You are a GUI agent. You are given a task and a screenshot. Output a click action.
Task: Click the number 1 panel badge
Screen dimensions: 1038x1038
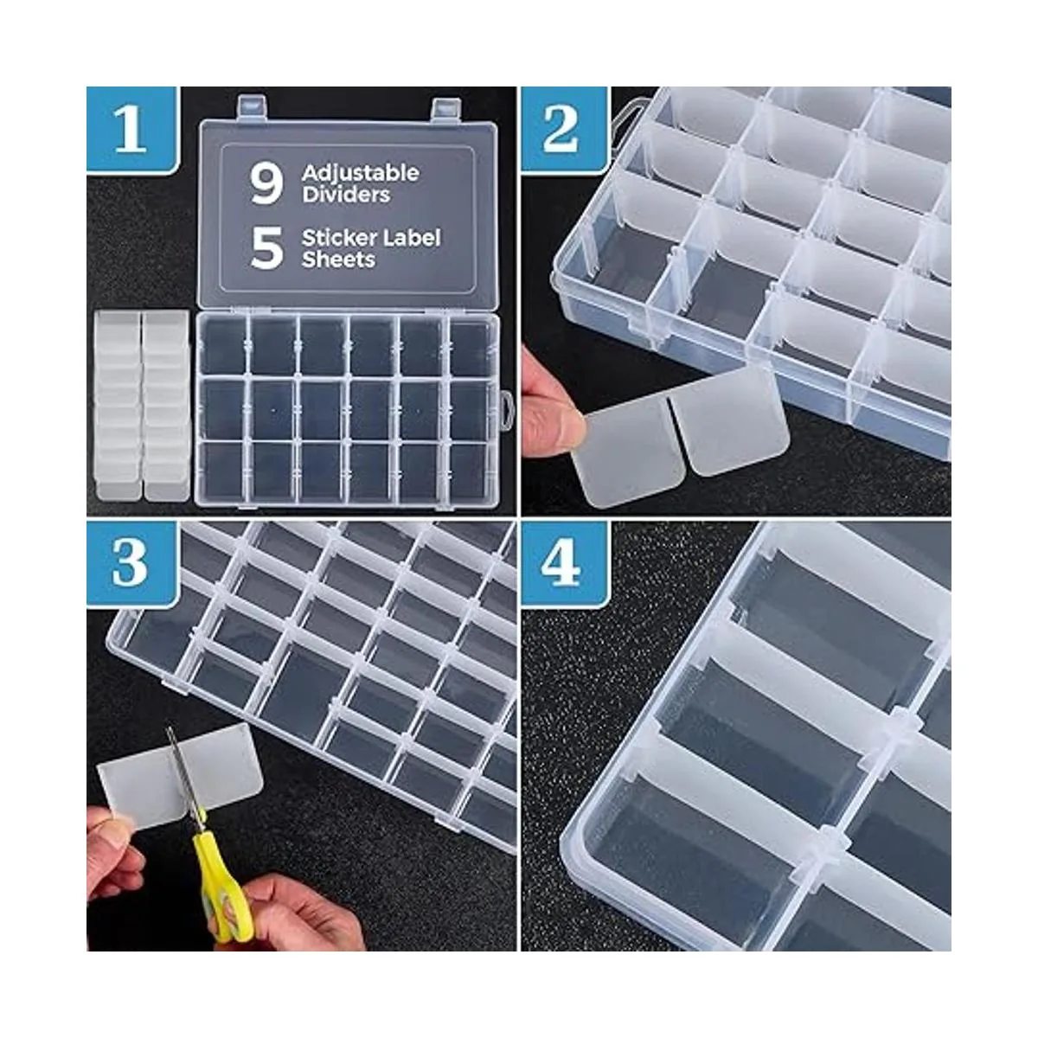click(132, 130)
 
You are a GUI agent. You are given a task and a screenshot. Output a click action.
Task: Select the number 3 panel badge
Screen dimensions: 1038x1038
click(131, 563)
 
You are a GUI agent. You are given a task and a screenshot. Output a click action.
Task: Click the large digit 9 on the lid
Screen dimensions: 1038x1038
click(266, 183)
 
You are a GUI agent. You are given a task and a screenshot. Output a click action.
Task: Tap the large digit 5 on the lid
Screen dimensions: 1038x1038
click(266, 247)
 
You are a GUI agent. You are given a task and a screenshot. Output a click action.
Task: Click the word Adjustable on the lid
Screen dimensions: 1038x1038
click(360, 173)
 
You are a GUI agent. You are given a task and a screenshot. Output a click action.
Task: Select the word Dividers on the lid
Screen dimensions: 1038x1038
click(346, 194)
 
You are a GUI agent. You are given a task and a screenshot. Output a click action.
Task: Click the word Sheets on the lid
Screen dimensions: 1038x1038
click(338, 259)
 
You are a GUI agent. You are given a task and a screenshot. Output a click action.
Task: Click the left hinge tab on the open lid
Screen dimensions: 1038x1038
click(252, 108)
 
